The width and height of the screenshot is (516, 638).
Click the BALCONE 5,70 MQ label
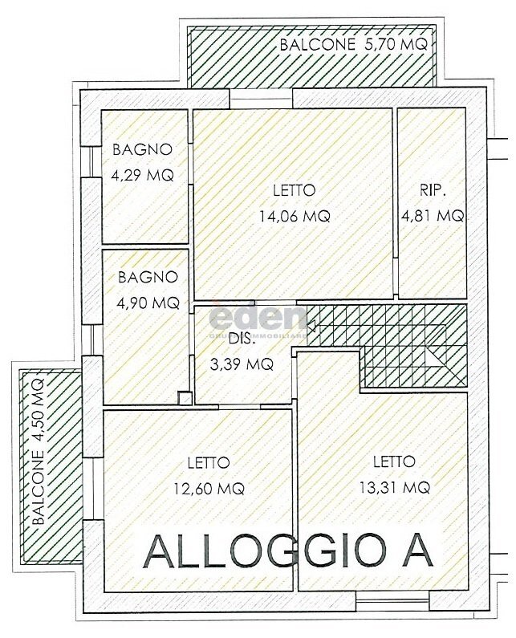354,45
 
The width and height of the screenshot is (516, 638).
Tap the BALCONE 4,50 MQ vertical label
39,452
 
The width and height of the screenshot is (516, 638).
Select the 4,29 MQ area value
143,175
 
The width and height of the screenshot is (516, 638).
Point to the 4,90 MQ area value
148,303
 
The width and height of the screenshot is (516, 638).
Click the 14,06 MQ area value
294,215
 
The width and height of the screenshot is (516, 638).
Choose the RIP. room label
432,190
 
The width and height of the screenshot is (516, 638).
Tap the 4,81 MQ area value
432,215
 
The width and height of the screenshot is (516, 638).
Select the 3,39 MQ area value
241,364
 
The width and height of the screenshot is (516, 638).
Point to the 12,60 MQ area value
209,487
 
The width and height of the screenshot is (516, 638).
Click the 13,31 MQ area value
393,486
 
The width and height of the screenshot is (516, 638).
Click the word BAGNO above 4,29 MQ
143,149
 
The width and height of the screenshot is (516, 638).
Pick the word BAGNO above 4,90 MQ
148,278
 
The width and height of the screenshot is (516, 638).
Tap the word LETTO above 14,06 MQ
294,190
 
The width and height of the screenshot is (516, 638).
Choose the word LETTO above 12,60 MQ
209,462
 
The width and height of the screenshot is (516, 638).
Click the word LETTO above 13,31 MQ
393,461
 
